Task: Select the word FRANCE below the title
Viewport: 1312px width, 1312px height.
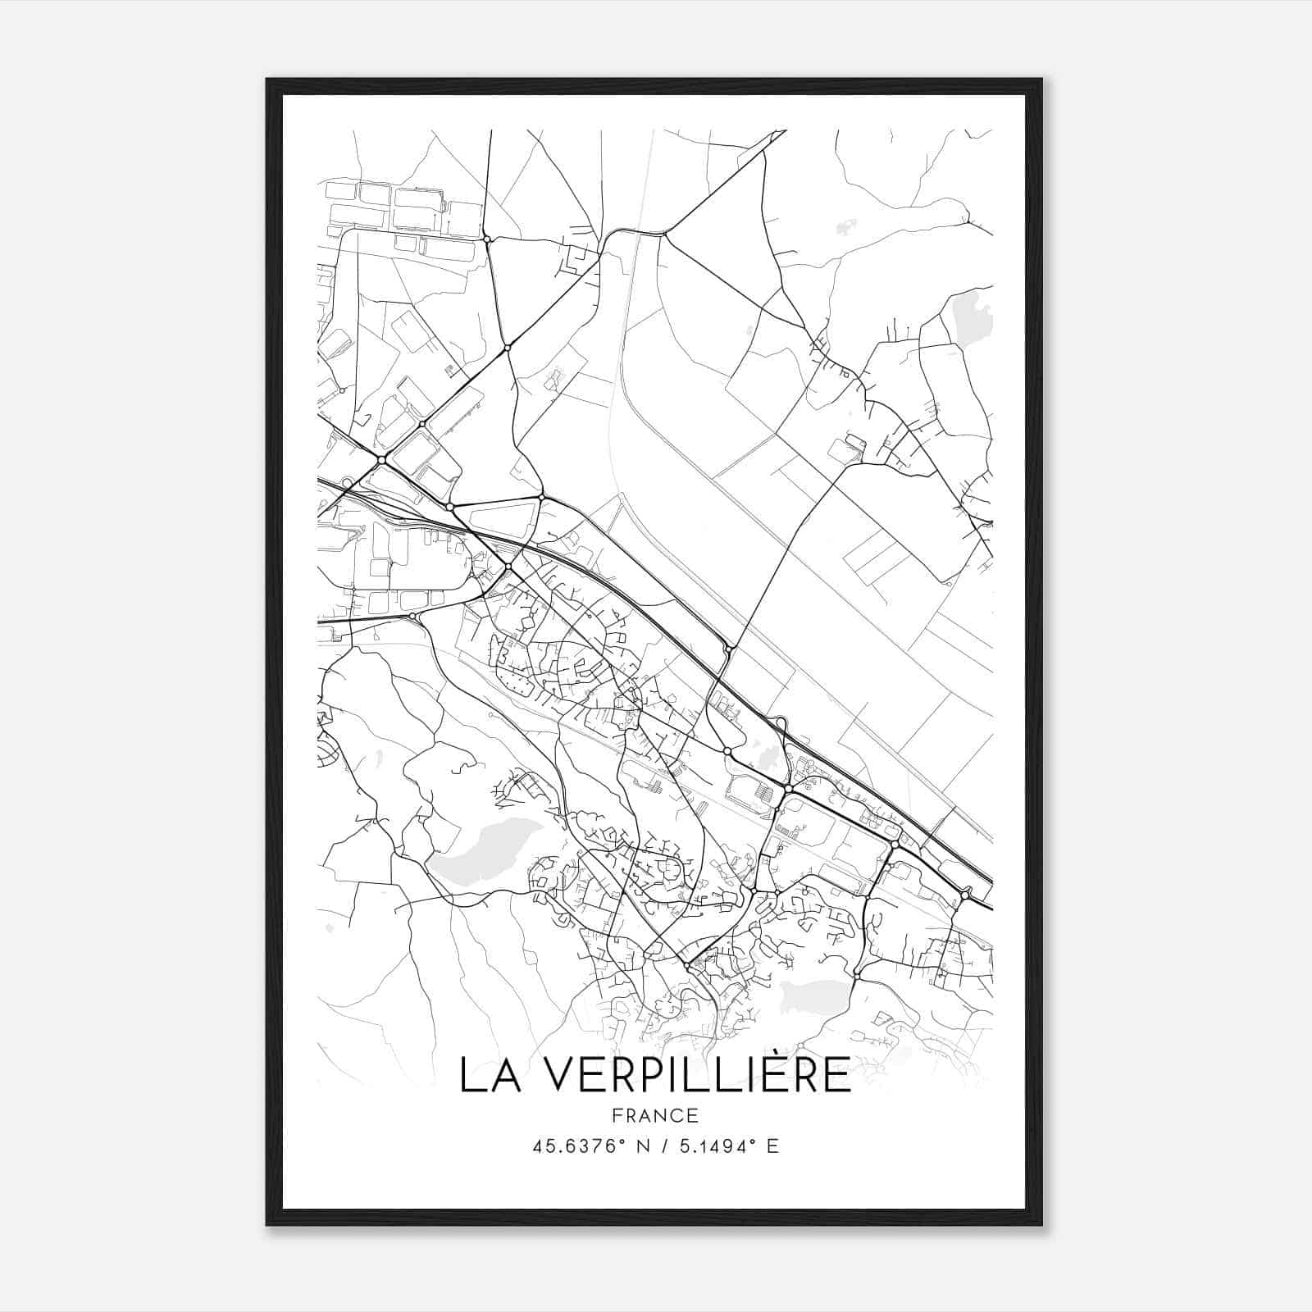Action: [654, 1115]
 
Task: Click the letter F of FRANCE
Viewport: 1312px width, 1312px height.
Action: [616, 1115]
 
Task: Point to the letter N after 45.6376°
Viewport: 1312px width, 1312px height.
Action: [642, 1146]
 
